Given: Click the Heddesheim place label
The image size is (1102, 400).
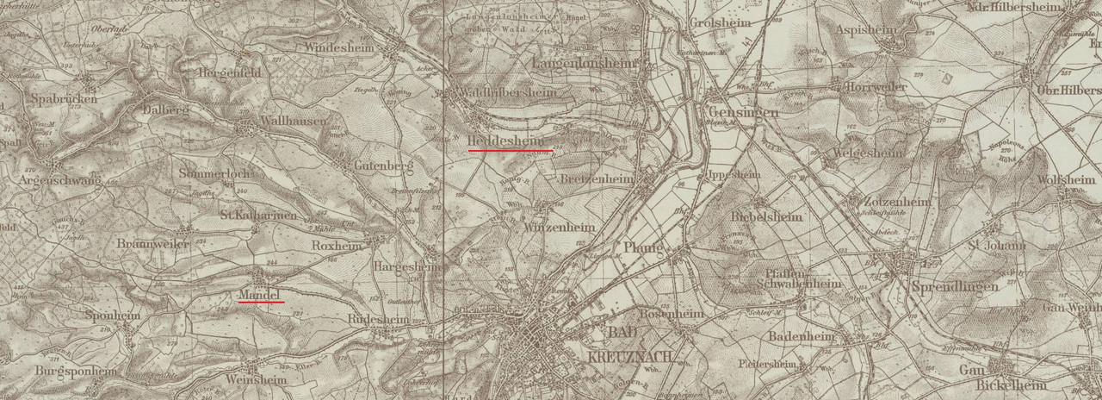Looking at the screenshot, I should pos(507,141).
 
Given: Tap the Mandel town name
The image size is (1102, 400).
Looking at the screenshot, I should pos(260,295).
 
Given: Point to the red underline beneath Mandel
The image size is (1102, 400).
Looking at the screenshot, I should pos(261,303).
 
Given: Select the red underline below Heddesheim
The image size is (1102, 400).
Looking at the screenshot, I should pos(510,150).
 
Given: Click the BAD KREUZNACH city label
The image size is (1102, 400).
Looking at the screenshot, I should pos(629,344).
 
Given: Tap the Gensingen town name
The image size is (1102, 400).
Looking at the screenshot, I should pos(745,112).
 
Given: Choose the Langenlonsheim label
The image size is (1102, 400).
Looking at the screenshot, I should pos(584,64).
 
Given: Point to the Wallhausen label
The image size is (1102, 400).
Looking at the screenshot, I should pos(294,121).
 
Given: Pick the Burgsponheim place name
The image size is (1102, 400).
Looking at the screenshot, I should pos(77,371).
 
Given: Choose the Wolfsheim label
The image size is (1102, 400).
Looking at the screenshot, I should pos(1070,179).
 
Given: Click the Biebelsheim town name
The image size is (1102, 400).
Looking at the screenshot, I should pos(766,216).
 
